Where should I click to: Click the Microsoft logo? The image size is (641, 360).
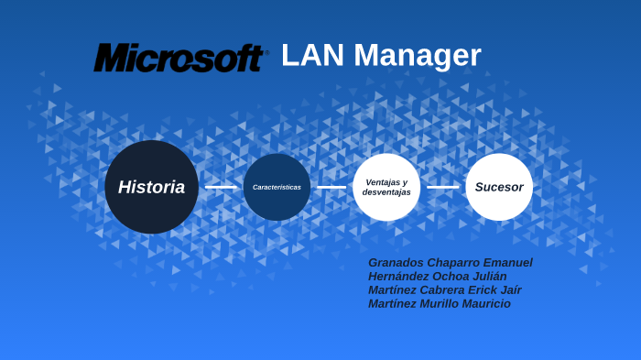pos(179,58)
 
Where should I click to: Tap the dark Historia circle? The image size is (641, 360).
pos(151,187)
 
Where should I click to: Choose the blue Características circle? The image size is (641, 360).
pos(277,187)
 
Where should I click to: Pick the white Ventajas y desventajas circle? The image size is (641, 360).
pos(386,187)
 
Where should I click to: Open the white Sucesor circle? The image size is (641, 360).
pos(499,187)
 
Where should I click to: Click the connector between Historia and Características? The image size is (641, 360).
pos(221,187)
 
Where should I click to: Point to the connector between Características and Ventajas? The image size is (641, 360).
pos(331,187)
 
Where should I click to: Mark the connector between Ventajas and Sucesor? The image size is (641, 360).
pos(443,187)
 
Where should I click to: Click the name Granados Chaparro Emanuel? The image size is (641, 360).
pos(450,263)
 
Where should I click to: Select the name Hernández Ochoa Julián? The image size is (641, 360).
pos(437,277)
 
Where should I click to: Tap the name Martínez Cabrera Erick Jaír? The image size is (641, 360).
pos(444,290)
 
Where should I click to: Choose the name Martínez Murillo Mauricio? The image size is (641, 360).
pos(439,304)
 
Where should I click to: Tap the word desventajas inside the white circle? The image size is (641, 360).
pos(386,192)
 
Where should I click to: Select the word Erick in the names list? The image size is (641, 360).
pos(477,290)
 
